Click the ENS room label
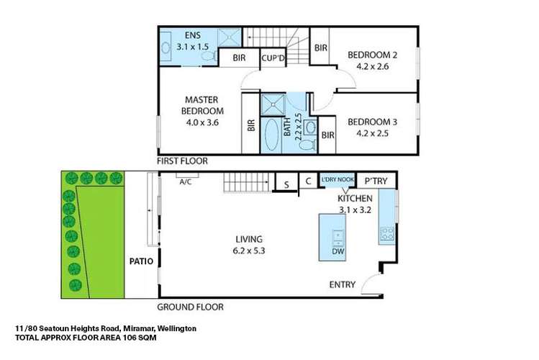click(x=193, y=35)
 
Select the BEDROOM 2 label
click(x=373, y=54)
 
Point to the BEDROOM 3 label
click(x=373, y=122)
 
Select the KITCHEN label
click(x=355, y=198)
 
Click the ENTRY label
click(x=342, y=284)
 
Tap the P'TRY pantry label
click(x=376, y=181)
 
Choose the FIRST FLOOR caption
click(x=183, y=162)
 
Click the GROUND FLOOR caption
click(x=190, y=306)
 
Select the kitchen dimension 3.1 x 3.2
click(x=355, y=210)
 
